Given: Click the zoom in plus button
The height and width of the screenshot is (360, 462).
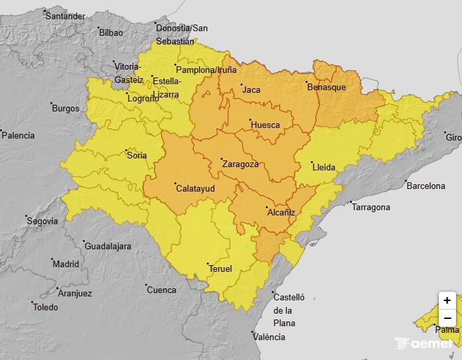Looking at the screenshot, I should coord(447,300).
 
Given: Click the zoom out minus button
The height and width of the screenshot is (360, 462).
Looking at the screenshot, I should coord(447,318).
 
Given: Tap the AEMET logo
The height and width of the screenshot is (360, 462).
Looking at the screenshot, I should coord(424,343).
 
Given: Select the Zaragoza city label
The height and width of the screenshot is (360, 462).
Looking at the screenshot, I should coord(240,164).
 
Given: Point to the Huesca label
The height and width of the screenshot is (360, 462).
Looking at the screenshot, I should coord(265,125).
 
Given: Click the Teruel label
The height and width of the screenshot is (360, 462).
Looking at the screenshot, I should coord(220,269).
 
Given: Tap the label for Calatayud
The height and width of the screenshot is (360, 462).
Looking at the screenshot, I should coord(196,188).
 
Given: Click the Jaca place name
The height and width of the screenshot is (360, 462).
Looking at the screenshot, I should coord(251,90).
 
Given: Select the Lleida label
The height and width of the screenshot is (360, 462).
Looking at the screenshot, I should coord(324,167).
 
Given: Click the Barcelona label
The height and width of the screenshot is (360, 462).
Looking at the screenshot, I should coord(426,186).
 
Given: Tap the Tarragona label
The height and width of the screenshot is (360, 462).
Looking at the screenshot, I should coord(371,208).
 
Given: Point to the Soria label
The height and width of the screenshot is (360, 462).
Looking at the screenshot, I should coord(137,156).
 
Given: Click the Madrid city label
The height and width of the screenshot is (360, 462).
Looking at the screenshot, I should coord(66,264).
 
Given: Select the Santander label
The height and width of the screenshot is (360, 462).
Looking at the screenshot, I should coord(65,16).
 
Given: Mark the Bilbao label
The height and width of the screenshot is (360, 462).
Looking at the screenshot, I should coord(111,32).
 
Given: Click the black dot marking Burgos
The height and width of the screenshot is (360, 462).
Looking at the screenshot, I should coord(52,103).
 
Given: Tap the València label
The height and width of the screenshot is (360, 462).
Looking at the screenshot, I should coord(268,337).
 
